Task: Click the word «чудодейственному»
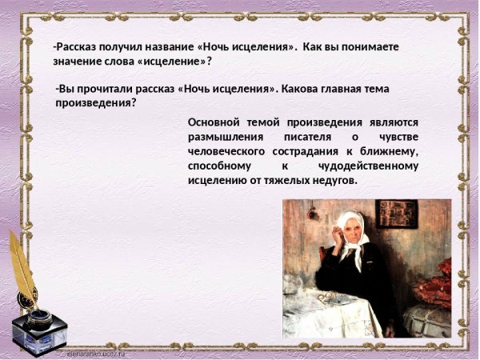click(x=367, y=166)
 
